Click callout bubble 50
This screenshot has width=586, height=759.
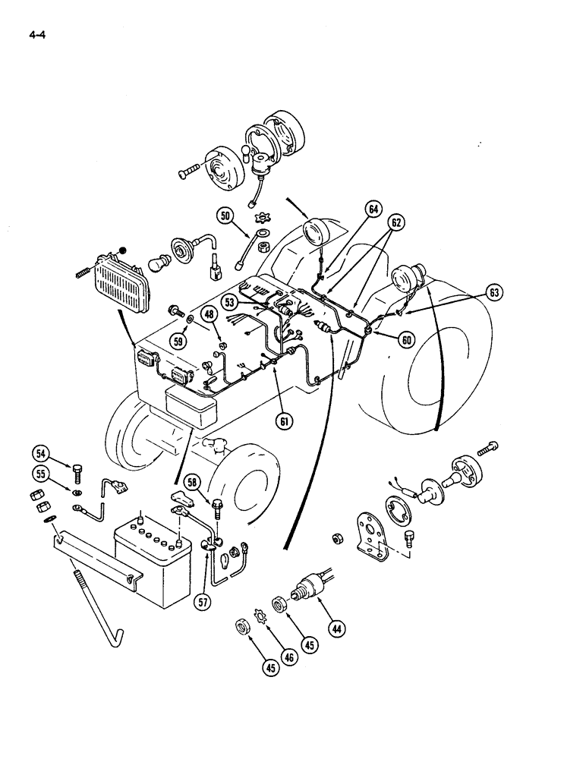[x=225, y=216]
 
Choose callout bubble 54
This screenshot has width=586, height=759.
[x=41, y=454]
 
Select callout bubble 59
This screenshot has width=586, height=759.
[x=180, y=341]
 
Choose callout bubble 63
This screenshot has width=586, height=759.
[x=495, y=291]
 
